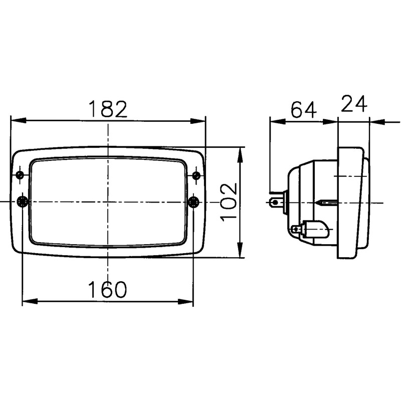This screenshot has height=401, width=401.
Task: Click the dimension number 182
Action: [108, 109]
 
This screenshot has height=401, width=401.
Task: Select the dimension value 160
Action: [108, 290]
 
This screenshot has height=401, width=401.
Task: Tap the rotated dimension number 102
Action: [228, 202]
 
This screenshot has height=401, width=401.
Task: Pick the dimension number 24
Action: [354, 104]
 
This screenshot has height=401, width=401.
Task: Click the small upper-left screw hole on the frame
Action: [20, 175]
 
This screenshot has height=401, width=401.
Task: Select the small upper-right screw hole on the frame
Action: [196, 175]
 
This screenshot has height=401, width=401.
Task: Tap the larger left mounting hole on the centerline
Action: [22, 202]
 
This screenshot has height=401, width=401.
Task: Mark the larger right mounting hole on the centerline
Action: [193, 202]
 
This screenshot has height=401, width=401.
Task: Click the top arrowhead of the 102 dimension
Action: [240, 153]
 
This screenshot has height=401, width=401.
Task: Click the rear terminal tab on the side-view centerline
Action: [275, 203]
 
